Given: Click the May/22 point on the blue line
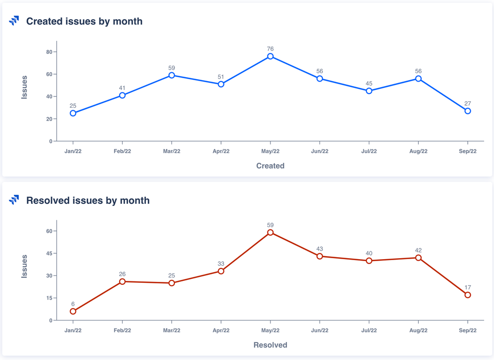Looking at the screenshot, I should click(x=270, y=56).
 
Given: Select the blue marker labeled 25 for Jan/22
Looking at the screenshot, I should click(x=73, y=113).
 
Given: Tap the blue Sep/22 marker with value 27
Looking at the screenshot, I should click(x=468, y=111).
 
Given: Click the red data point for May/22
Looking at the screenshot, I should click(x=270, y=232).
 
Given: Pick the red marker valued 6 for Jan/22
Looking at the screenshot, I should click(x=73, y=312).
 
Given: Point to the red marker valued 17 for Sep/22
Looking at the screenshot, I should click(x=468, y=295).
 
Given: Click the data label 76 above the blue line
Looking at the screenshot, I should click(x=270, y=49).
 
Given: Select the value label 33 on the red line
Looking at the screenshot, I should click(x=221, y=264).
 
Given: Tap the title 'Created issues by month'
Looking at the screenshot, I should click(x=84, y=21).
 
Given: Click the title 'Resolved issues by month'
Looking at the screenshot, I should click(x=88, y=200).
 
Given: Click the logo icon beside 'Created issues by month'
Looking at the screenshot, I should click(x=14, y=21).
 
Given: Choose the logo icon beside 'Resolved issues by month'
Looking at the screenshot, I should click(x=14, y=200).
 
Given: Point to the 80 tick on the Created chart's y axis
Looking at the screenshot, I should click(x=49, y=52).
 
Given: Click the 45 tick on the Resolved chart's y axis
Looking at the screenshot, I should click(x=49, y=254).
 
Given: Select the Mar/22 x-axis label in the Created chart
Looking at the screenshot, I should click(x=172, y=151).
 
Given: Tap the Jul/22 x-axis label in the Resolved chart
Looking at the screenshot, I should click(x=369, y=330).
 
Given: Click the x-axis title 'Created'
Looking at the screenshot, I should click(x=270, y=166).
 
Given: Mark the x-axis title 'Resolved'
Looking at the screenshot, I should click(x=270, y=345).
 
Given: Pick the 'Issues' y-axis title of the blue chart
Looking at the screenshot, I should click(x=24, y=87).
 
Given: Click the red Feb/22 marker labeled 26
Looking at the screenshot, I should click(x=122, y=282).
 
